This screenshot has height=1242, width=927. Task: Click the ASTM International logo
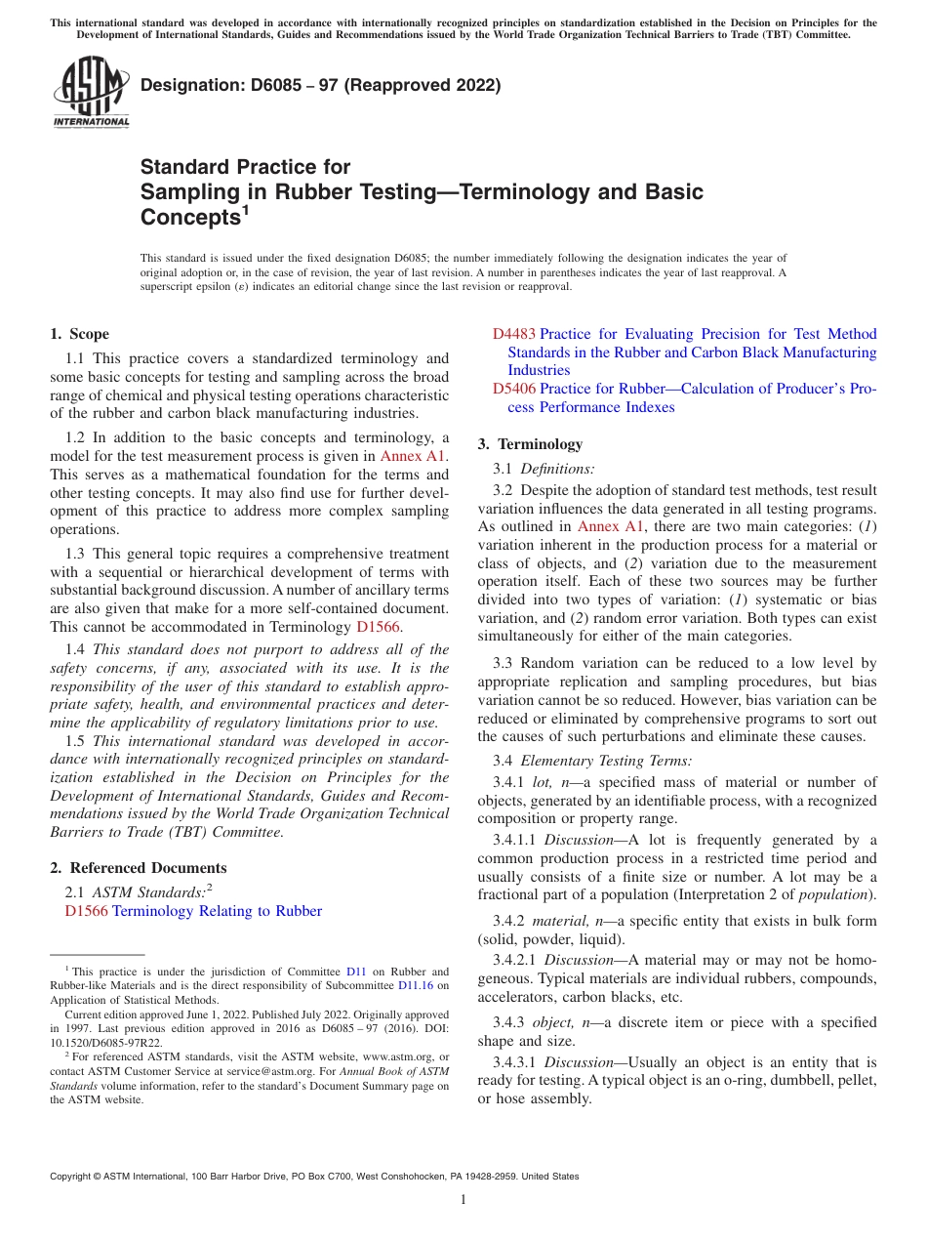91,92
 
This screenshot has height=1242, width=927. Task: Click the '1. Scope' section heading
80,334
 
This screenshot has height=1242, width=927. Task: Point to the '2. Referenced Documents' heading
139,868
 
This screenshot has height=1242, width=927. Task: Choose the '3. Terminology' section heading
530,444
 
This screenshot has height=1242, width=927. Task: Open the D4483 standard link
514,334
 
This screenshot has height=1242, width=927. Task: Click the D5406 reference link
514,389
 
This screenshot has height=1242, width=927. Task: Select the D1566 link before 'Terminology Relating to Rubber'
86,911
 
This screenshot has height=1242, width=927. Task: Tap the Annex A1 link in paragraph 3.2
611,526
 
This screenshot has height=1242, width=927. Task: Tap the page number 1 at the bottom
463,1199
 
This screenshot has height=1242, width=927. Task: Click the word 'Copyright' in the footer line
72,1177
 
